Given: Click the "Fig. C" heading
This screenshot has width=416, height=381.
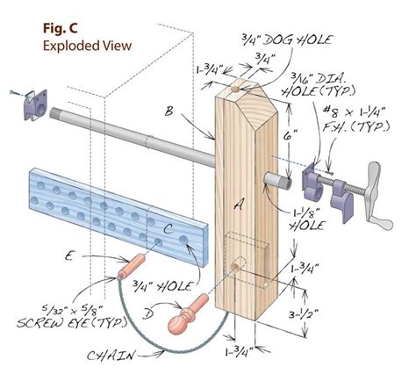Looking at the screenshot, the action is point(61,28).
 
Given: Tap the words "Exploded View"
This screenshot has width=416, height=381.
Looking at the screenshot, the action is point(87,46).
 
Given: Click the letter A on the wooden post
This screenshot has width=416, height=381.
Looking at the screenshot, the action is point(239,206).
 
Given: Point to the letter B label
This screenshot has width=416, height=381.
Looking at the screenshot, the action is point(169,111).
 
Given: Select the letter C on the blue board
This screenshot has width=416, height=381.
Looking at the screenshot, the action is point(168,229).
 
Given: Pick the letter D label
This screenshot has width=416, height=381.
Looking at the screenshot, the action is point(148,314).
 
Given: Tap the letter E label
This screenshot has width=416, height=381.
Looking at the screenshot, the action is point(69,256).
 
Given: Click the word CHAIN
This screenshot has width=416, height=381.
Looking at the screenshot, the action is point(111,356).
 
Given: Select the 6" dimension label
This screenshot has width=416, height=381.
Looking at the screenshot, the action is point(291,136).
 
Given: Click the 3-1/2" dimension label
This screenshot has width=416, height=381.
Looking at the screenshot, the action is point(304,314).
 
